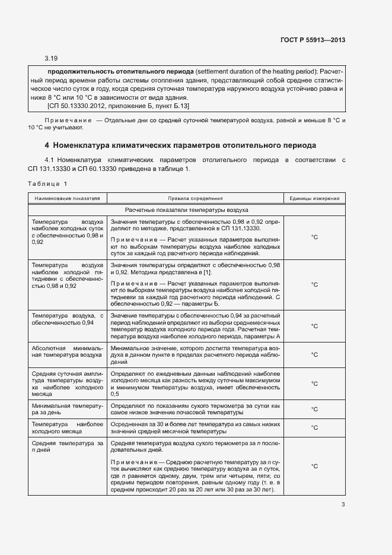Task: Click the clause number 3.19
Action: click(x=51, y=58)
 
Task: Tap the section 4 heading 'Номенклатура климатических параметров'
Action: click(x=181, y=145)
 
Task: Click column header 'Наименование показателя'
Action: click(x=67, y=198)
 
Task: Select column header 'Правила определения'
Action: click(x=195, y=198)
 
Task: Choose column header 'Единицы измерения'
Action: click(x=314, y=198)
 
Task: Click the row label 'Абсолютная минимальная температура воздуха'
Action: click(x=67, y=350)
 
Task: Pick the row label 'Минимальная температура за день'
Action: click(x=67, y=410)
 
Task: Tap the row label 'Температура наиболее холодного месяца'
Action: click(x=67, y=428)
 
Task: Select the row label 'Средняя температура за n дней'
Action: click(x=67, y=447)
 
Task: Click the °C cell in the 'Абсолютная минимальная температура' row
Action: click(x=314, y=354)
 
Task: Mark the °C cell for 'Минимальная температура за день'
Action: click(x=314, y=410)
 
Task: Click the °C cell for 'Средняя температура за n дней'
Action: click(x=314, y=467)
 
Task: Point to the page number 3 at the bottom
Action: click(x=343, y=505)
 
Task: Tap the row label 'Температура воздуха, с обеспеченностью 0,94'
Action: click(x=67, y=319)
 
